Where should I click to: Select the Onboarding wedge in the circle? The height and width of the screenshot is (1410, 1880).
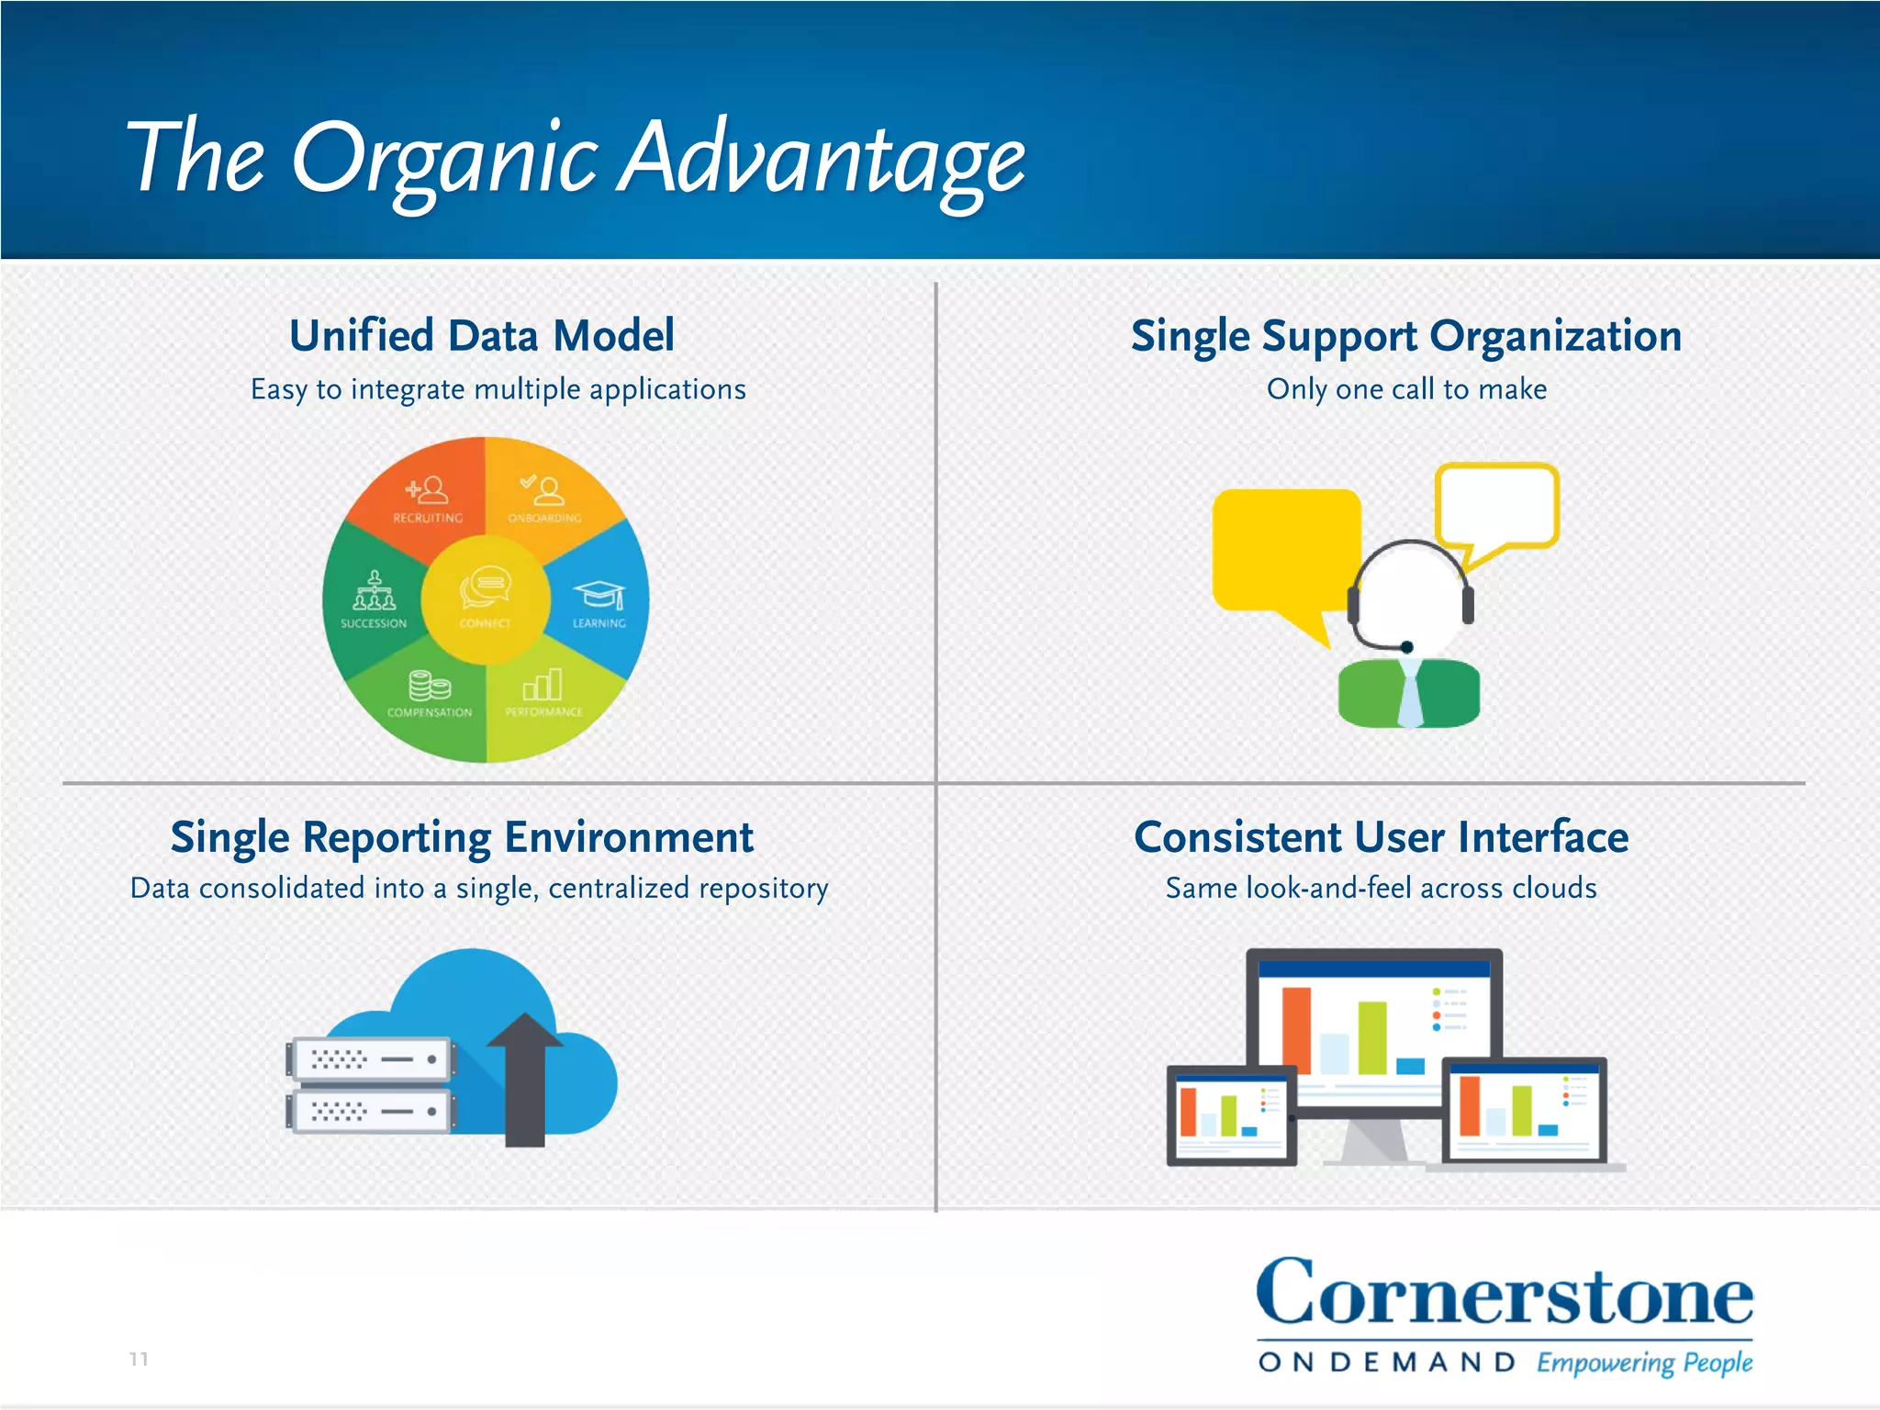click(545, 500)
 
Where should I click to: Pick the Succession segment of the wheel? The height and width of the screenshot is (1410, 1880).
click(373, 601)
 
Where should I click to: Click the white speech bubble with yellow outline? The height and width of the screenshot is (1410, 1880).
click(1496, 505)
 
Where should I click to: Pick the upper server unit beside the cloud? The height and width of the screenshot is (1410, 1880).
click(372, 1059)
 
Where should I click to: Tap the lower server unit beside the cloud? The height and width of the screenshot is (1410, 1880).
click(372, 1112)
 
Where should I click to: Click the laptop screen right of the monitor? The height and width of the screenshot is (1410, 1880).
click(1525, 1111)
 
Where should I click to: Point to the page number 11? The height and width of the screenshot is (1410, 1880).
click(139, 1359)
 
